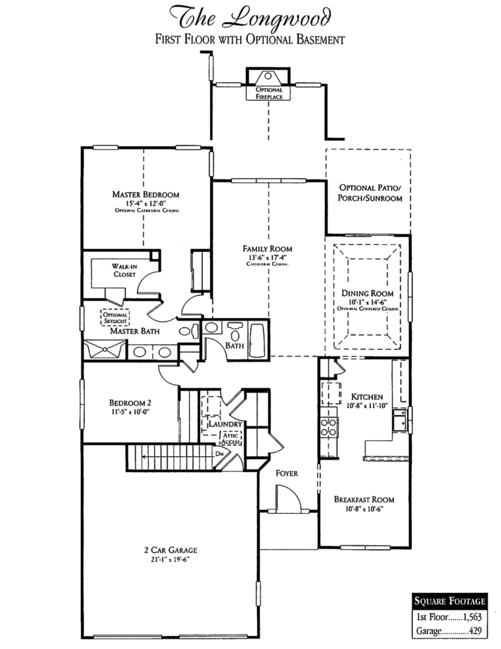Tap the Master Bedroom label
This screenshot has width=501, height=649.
click(145, 195)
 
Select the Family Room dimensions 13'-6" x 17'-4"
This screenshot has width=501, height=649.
click(267, 257)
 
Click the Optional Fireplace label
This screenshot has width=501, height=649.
click(269, 92)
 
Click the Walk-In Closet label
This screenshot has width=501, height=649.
click(123, 270)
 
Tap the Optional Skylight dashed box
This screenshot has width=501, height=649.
click(115, 317)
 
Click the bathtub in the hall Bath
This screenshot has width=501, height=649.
click(258, 339)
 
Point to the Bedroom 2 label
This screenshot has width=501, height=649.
click(130, 402)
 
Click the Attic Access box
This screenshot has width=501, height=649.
click(232, 438)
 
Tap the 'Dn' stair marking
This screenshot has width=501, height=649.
click(220, 451)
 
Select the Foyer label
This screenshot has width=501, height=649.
click(286, 473)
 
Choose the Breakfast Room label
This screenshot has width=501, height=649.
click(364, 499)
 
